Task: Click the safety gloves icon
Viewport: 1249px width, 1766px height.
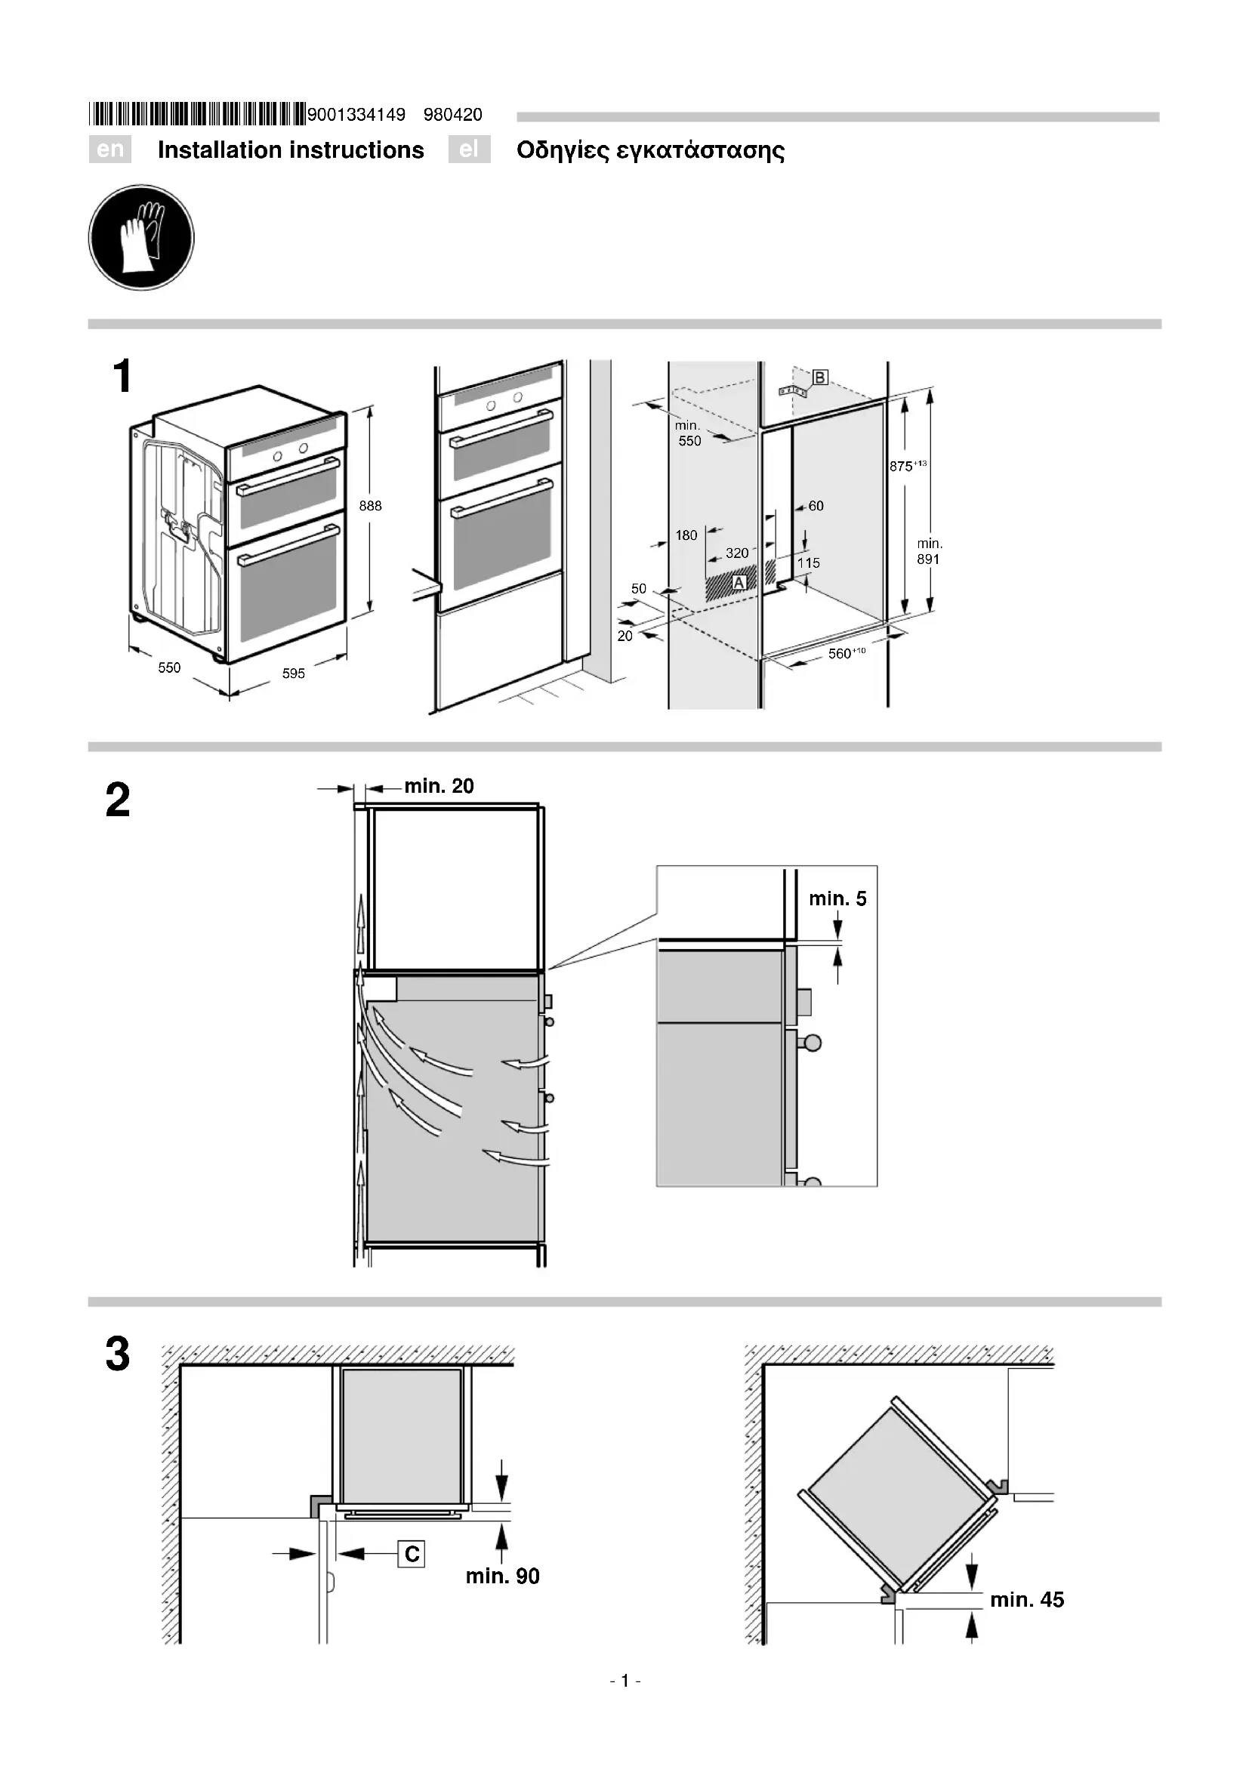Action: [x=141, y=237]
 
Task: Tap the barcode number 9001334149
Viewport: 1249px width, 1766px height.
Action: [x=356, y=116]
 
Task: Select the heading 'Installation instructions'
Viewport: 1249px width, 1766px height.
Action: [x=291, y=150]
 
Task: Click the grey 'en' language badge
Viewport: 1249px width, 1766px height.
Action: [x=110, y=149]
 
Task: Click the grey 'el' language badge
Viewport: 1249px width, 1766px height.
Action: [x=469, y=149]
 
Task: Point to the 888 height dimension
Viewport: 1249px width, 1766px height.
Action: [x=370, y=506]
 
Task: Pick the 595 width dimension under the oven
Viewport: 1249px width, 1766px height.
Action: [x=293, y=673]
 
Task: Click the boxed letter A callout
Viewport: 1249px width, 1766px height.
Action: [x=739, y=583]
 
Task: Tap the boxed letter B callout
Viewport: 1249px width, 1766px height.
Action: [x=820, y=378]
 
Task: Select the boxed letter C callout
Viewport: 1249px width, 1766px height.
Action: [x=412, y=1555]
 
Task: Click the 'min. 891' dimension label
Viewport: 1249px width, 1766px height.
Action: [x=929, y=551]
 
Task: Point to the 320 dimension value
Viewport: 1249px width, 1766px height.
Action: [x=737, y=553]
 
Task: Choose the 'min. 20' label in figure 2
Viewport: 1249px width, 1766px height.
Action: [x=439, y=786]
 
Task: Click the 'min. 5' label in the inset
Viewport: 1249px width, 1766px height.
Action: [x=837, y=898]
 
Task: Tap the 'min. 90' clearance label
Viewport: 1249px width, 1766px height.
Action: [x=502, y=1576]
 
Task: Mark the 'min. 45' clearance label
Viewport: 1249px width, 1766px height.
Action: [x=1027, y=1600]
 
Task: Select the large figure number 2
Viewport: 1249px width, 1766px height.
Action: [x=118, y=800]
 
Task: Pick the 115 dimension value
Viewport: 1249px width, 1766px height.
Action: [x=808, y=563]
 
